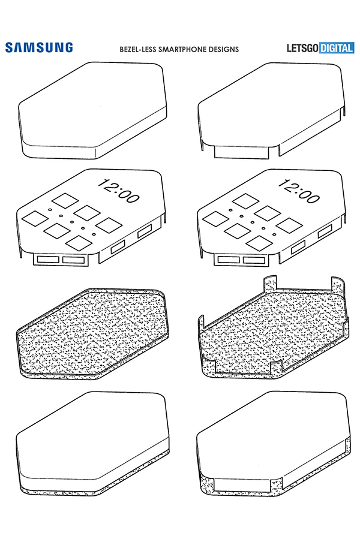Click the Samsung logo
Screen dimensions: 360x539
pyautogui.click(x=39, y=47)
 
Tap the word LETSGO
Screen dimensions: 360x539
pyautogui.click(x=302, y=48)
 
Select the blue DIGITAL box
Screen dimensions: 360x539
pyautogui.click(x=336, y=48)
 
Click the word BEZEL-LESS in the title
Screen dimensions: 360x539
pyautogui.click(x=137, y=50)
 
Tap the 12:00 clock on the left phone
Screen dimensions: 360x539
pyautogui.click(x=118, y=191)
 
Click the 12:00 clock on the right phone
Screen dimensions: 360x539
pyautogui.click(x=298, y=191)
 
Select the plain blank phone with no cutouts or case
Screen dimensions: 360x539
pyautogui.click(x=92, y=110)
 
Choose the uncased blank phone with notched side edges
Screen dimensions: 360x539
pyautogui.click(x=271, y=110)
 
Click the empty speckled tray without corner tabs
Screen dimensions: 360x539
pyautogui.click(x=92, y=333)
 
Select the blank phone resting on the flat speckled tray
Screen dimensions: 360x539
pyautogui.click(x=92, y=444)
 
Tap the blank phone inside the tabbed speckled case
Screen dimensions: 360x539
pyautogui.click(x=274, y=444)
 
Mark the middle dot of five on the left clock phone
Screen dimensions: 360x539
pyautogui.click(x=71, y=222)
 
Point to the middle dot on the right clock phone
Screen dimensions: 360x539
pyautogui.click(x=252, y=222)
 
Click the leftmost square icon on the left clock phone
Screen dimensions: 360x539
pyautogui.click(x=34, y=219)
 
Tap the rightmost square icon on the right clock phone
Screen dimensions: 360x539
pyautogui.click(x=290, y=225)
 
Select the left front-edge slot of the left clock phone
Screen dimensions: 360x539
pyautogui.click(x=48, y=260)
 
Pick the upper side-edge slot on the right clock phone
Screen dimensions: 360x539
pyautogui.click(x=325, y=231)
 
